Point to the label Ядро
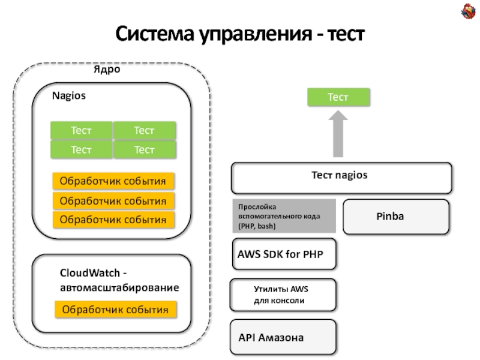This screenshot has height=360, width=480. (107, 70)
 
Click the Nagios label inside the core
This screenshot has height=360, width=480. (69, 95)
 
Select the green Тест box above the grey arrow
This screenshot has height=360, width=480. (338, 97)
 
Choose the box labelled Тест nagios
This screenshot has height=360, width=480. (341, 176)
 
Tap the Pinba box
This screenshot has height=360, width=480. (395, 216)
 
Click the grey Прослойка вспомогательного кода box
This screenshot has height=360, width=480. (283, 215)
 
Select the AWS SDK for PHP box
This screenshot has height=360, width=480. (284, 254)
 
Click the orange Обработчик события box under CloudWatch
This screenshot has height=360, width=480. (116, 310)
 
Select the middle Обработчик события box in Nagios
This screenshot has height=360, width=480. (114, 200)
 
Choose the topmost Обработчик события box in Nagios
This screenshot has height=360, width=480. (114, 181)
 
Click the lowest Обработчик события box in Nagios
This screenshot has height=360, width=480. (114, 220)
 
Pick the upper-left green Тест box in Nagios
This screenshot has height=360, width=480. (81, 130)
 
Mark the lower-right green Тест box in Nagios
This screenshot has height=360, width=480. (145, 149)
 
